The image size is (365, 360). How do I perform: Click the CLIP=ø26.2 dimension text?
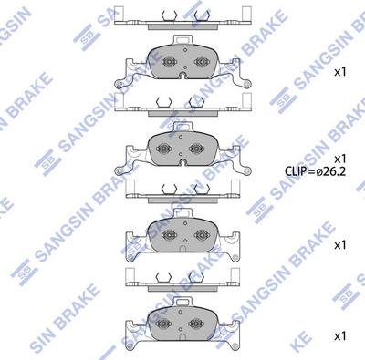(315, 171)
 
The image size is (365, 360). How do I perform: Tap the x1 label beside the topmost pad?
(340, 72)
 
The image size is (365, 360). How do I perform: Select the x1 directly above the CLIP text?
(340, 159)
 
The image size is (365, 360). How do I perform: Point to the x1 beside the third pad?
(340, 245)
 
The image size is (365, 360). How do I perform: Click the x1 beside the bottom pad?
(340, 336)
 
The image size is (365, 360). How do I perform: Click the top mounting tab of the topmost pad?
(182, 40)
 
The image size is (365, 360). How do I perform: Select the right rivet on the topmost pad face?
(202, 62)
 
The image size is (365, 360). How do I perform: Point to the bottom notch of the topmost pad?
(183, 76)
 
